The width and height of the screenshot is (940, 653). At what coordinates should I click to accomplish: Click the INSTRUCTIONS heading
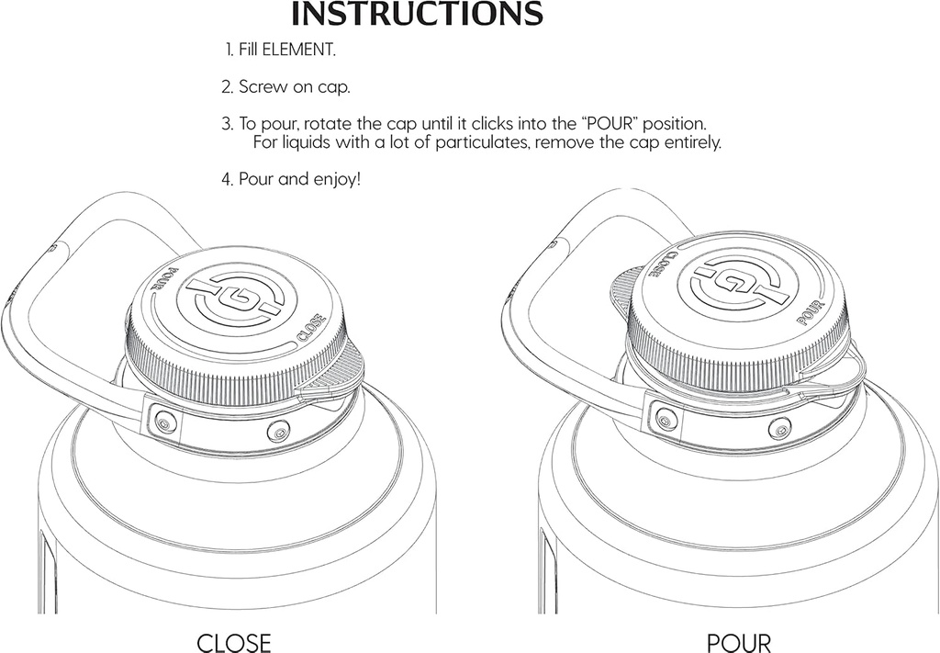417,15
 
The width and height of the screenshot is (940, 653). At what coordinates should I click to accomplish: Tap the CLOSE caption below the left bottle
234,641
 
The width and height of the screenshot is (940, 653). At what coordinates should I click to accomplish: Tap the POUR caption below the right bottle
738,641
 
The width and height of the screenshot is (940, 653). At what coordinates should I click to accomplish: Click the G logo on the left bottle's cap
235,299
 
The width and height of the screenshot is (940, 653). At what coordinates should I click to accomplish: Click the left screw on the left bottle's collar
163,422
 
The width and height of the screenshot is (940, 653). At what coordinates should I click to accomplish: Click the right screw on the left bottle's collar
278,430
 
